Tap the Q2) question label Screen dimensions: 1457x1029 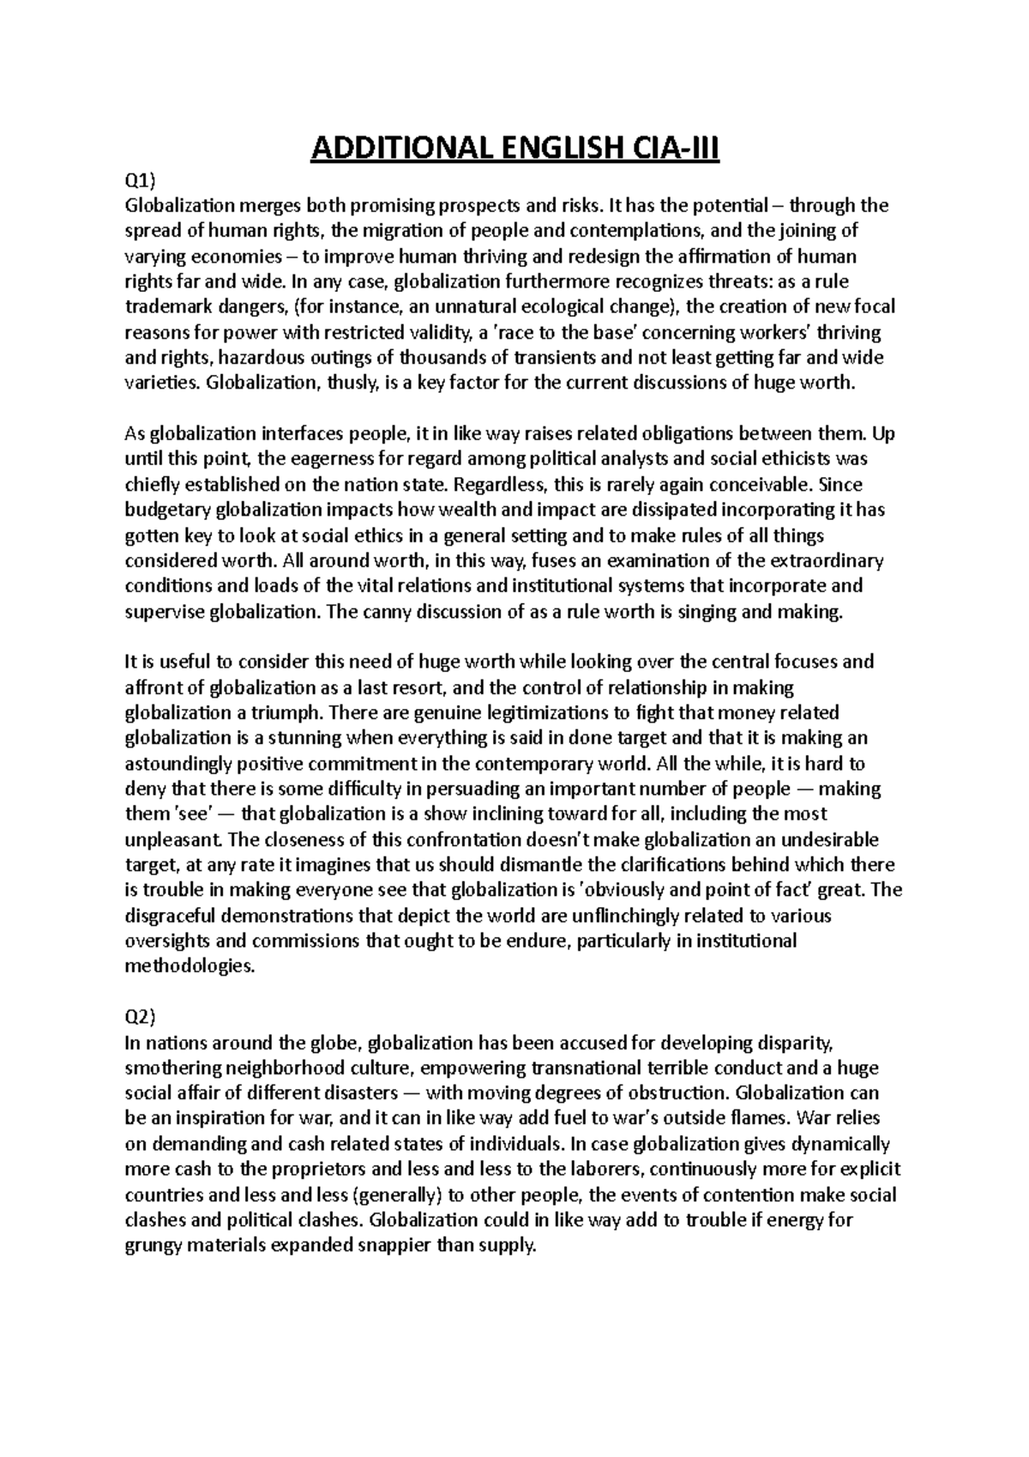(x=140, y=1018)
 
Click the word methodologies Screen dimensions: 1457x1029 (x=190, y=966)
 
